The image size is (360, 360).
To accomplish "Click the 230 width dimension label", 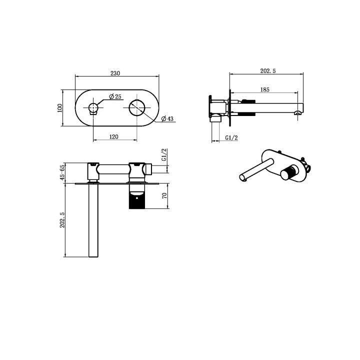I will (x=115, y=73).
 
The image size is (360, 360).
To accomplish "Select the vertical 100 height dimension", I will (x=59, y=108).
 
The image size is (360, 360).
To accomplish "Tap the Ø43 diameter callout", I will (x=167, y=118).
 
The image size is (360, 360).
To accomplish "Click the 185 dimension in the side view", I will (x=265, y=89).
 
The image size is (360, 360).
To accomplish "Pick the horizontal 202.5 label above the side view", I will (x=268, y=71).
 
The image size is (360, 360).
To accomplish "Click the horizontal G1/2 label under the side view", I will (x=230, y=137).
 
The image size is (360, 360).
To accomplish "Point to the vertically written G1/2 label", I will (x=163, y=154).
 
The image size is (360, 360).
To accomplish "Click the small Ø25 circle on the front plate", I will (x=93, y=108).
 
